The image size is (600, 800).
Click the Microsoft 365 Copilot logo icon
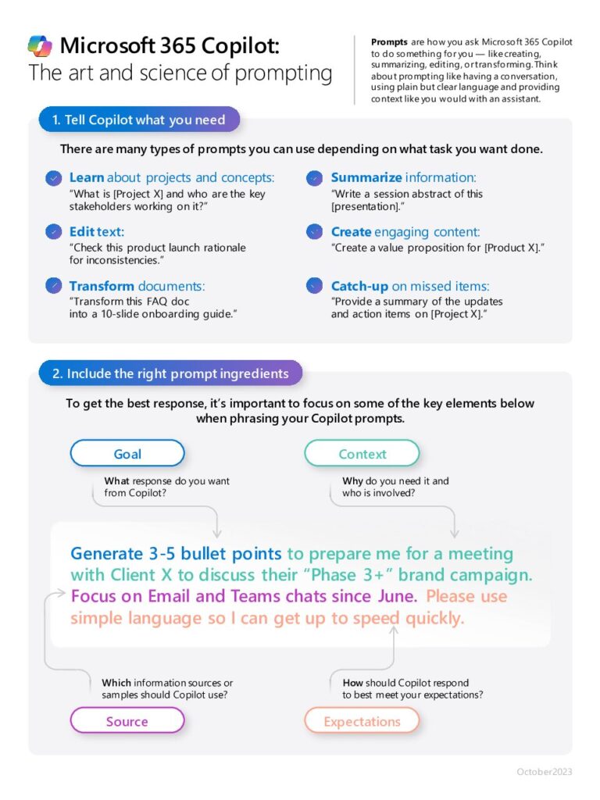click(x=40, y=46)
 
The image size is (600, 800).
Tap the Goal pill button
click(x=127, y=454)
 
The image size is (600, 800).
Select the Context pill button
click(x=362, y=454)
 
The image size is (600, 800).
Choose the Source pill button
click(x=127, y=721)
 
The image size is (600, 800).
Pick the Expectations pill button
click(x=362, y=721)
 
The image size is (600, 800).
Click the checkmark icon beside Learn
click(x=53, y=178)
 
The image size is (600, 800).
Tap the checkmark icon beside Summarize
click(x=314, y=178)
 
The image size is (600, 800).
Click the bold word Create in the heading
click(x=351, y=232)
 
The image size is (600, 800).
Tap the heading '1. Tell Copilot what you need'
click(x=138, y=120)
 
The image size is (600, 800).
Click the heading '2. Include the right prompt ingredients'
click(x=170, y=373)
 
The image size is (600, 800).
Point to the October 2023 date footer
click(x=544, y=772)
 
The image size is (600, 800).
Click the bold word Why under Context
click(x=352, y=481)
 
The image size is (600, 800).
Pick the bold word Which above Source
click(x=116, y=683)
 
